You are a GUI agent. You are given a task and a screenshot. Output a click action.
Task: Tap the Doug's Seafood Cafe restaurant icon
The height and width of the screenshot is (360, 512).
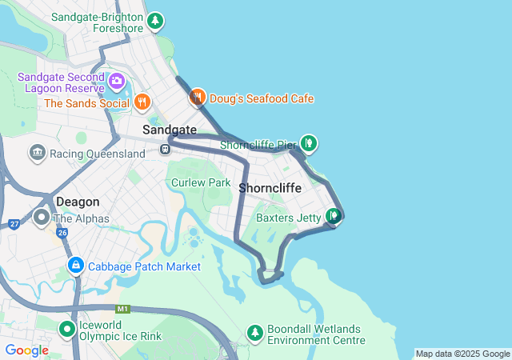coord(197,98)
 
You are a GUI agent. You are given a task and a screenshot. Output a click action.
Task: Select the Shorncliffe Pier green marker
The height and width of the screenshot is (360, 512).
coord(309,144)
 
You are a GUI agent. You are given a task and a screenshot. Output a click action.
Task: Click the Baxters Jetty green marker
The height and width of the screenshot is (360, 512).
coord(334,216)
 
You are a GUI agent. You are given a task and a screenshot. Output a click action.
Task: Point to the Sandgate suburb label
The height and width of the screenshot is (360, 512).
coord(170,129)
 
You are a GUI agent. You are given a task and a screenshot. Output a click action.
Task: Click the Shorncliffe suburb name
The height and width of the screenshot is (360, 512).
coord(270,188)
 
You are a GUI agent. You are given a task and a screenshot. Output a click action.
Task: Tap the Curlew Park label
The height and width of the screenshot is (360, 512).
coord(201,182)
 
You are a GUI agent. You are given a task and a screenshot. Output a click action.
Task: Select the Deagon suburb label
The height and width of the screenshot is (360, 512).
coord(78,202)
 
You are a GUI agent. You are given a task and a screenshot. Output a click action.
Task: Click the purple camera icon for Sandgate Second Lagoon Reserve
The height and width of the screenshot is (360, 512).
coord(117,81)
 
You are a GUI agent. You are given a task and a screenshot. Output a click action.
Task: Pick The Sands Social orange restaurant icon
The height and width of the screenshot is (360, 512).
coord(142,102)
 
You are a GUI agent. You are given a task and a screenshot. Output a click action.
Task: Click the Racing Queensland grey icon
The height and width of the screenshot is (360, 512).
coord(37,153)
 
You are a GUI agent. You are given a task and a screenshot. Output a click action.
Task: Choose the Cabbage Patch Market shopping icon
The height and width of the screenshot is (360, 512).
coord(75,265)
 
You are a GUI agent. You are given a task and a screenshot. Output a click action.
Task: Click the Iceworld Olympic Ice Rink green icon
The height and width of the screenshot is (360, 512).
coord(67,328)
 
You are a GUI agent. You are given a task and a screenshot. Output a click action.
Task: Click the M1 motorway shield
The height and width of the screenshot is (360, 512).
coord(122,309)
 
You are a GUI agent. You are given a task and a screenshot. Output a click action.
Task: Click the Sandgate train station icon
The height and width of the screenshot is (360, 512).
coord(165,148)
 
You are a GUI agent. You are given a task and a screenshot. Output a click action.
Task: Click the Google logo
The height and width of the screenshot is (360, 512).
coord(26,350)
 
